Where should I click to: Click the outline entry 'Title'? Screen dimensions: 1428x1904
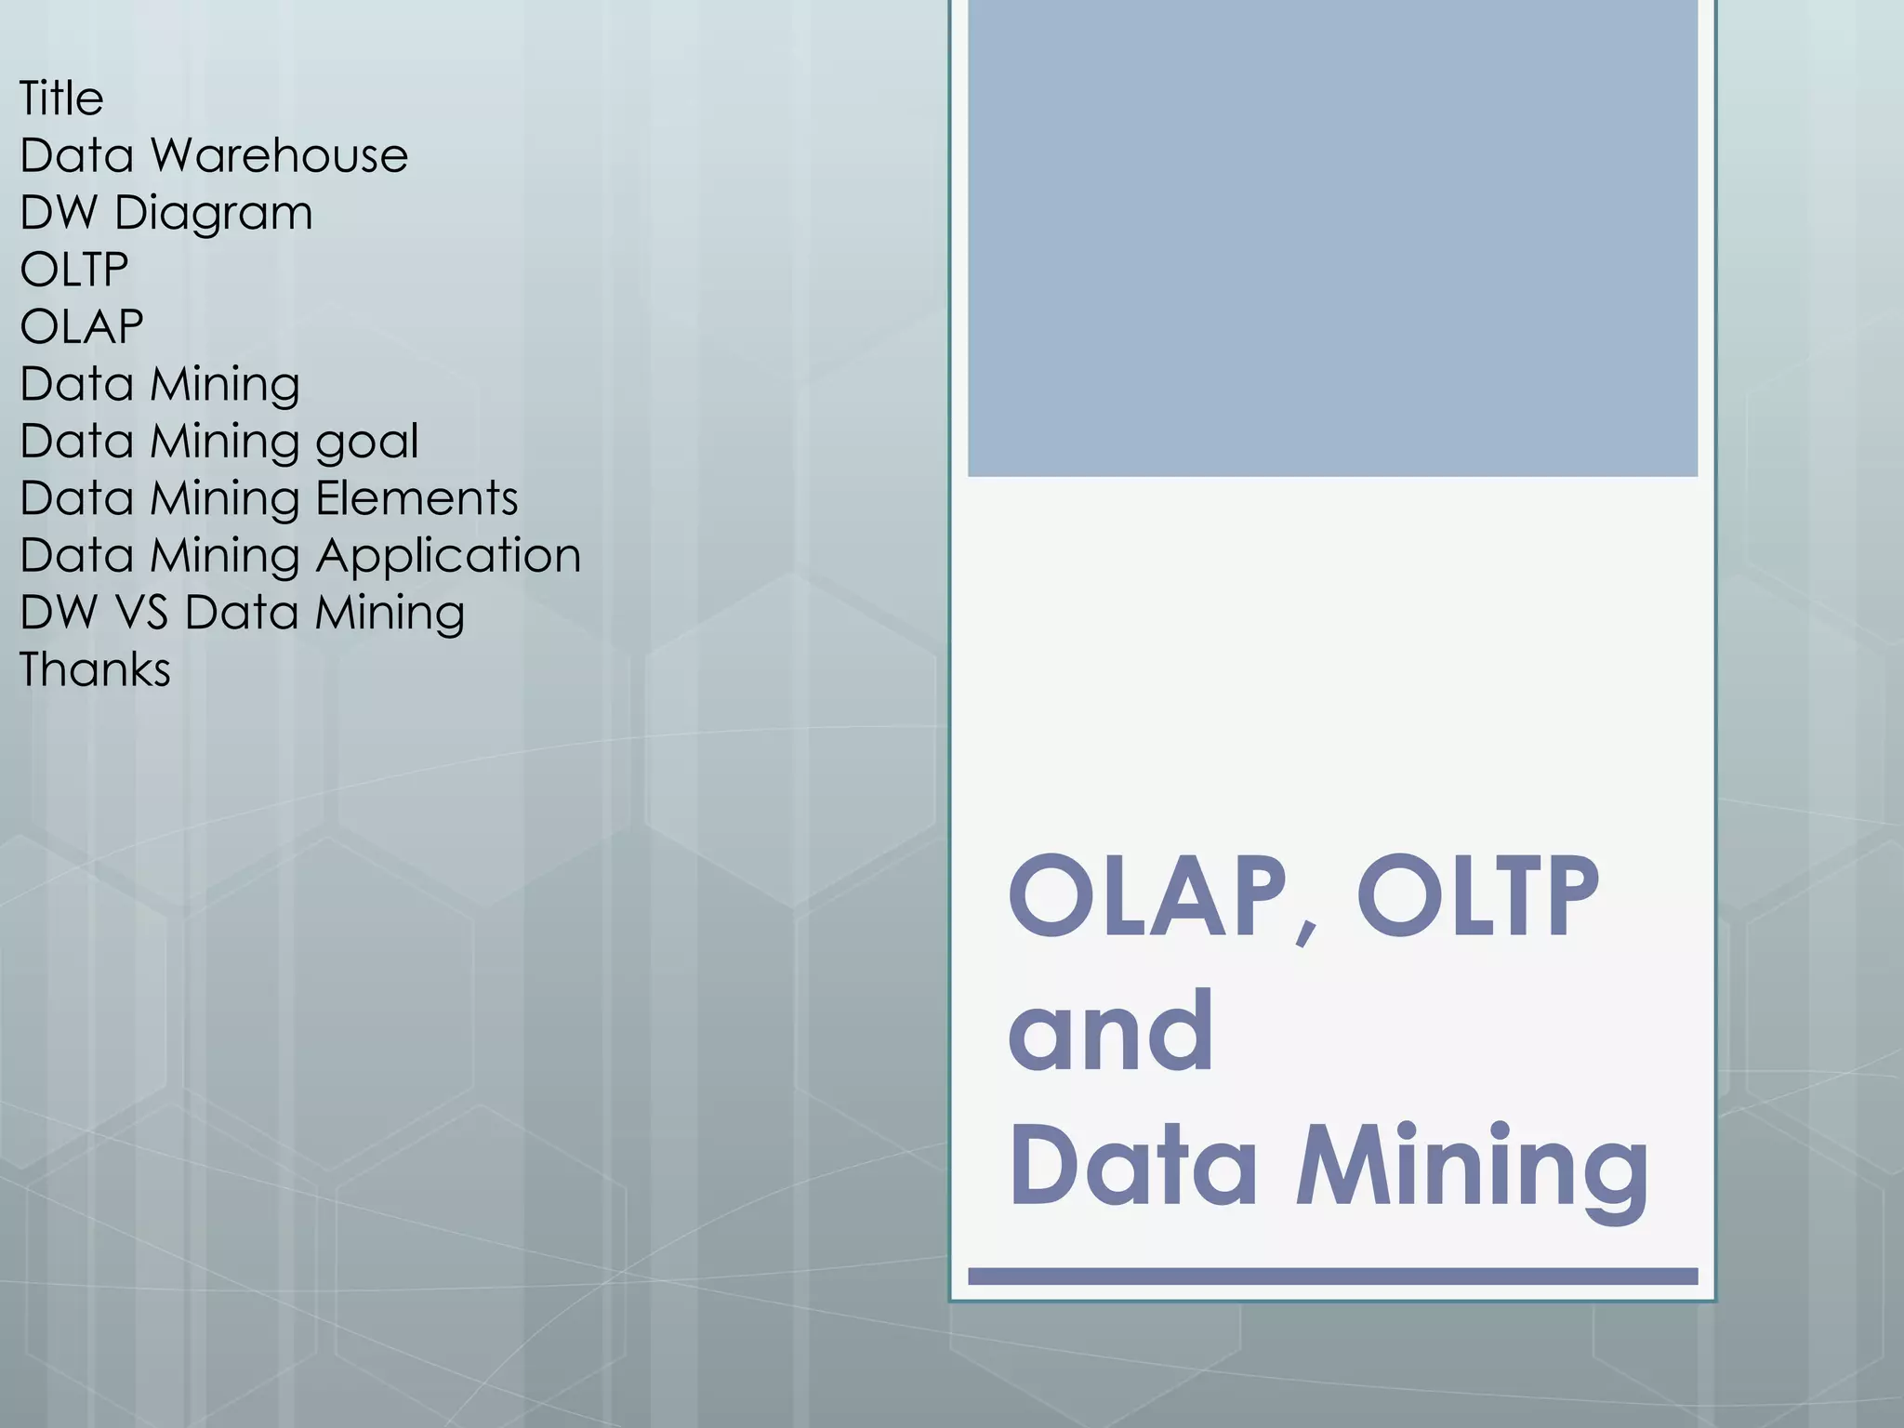pyautogui.click(x=61, y=98)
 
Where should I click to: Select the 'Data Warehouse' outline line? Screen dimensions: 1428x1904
pyautogui.click(x=214, y=155)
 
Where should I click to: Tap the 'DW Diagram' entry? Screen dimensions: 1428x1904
pyautogui.click(x=166, y=213)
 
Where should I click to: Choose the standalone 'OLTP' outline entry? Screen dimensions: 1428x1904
pyautogui.click(x=74, y=270)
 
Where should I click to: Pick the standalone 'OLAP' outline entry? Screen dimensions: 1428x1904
pyautogui.click(x=82, y=326)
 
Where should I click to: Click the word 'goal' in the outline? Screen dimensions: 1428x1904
pyautogui.click(x=367, y=442)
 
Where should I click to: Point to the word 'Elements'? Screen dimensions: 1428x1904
pyautogui.click(x=416, y=498)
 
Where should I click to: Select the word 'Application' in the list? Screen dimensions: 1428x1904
pyautogui.click(x=448, y=556)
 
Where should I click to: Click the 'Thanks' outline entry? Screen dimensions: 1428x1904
pyautogui.click(x=95, y=669)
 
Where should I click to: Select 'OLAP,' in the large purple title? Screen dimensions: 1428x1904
pyautogui.click(x=1162, y=897)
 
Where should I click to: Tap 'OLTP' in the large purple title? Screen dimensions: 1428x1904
pyautogui.click(x=1478, y=897)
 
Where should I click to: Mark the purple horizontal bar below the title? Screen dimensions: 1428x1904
pyautogui.click(x=1332, y=1276)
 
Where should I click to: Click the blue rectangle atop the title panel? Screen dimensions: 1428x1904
pyautogui.click(x=1332, y=238)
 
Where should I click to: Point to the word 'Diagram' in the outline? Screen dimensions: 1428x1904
pyautogui.click(x=213, y=213)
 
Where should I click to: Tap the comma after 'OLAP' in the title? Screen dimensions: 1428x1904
pyautogui.click(x=1307, y=930)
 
